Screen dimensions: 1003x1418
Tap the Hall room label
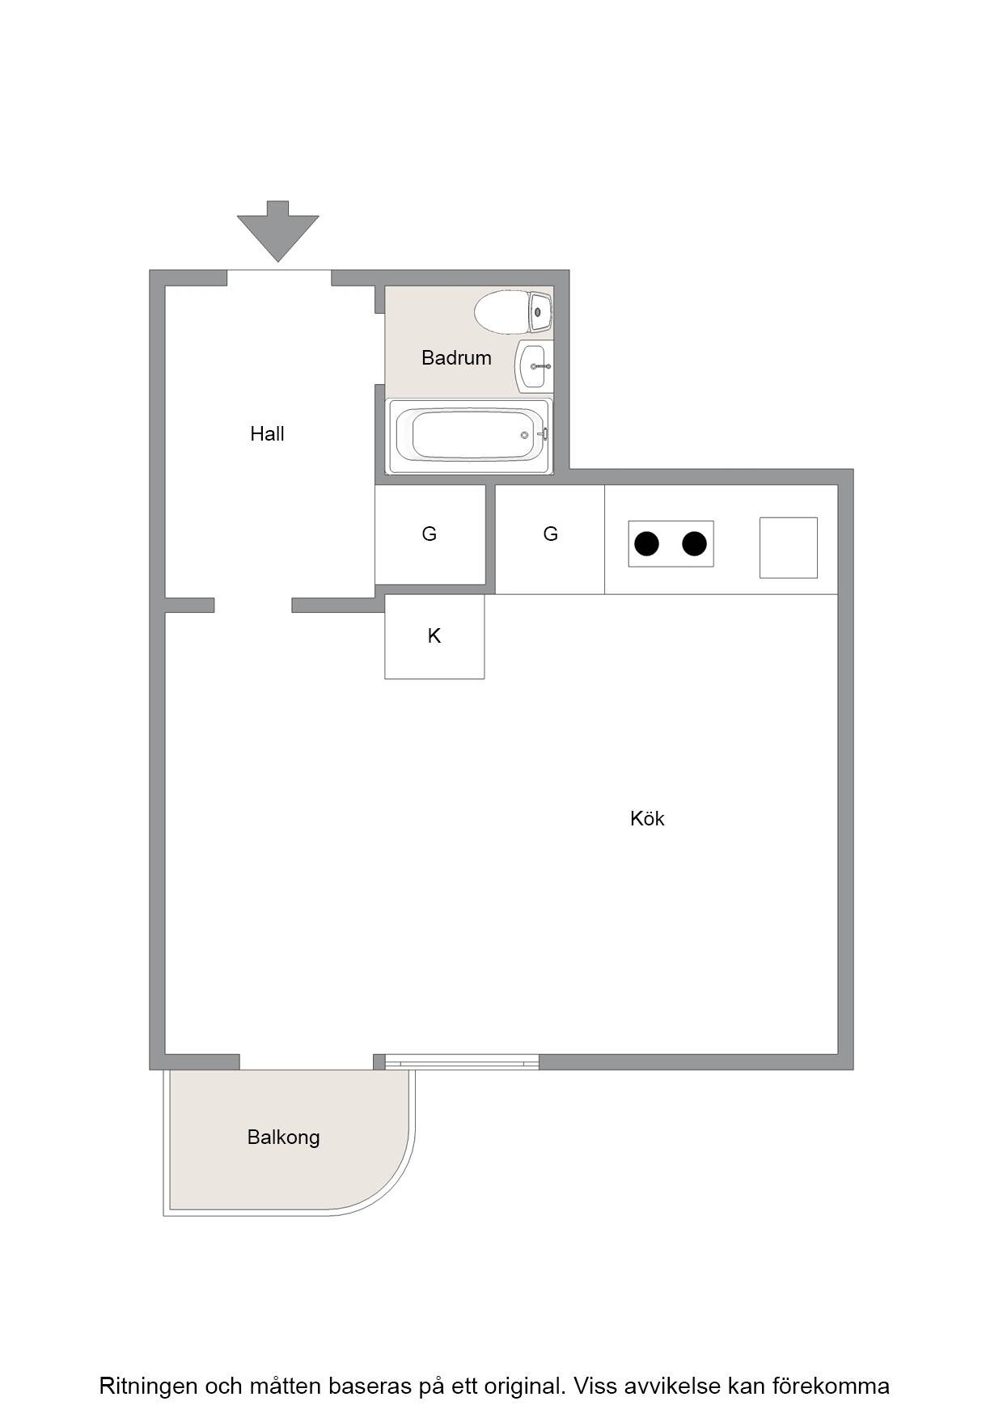(x=267, y=434)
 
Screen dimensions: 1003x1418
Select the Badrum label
(x=456, y=357)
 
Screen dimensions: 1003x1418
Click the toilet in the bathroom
(x=513, y=312)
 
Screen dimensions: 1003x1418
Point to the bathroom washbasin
(x=534, y=366)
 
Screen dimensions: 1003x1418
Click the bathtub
(x=470, y=436)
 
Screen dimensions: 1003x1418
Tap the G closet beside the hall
(x=430, y=534)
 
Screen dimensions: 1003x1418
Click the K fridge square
(x=434, y=637)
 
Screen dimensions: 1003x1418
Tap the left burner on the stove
(x=646, y=544)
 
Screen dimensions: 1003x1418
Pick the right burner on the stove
(x=695, y=544)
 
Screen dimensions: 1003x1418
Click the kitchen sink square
(x=789, y=547)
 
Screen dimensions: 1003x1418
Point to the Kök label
(x=647, y=819)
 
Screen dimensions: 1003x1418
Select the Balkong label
(x=283, y=1137)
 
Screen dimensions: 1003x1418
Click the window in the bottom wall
(x=462, y=1062)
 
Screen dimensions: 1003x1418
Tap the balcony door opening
(x=307, y=1062)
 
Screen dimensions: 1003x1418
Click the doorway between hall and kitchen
(x=253, y=606)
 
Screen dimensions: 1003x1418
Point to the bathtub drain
(x=524, y=436)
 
